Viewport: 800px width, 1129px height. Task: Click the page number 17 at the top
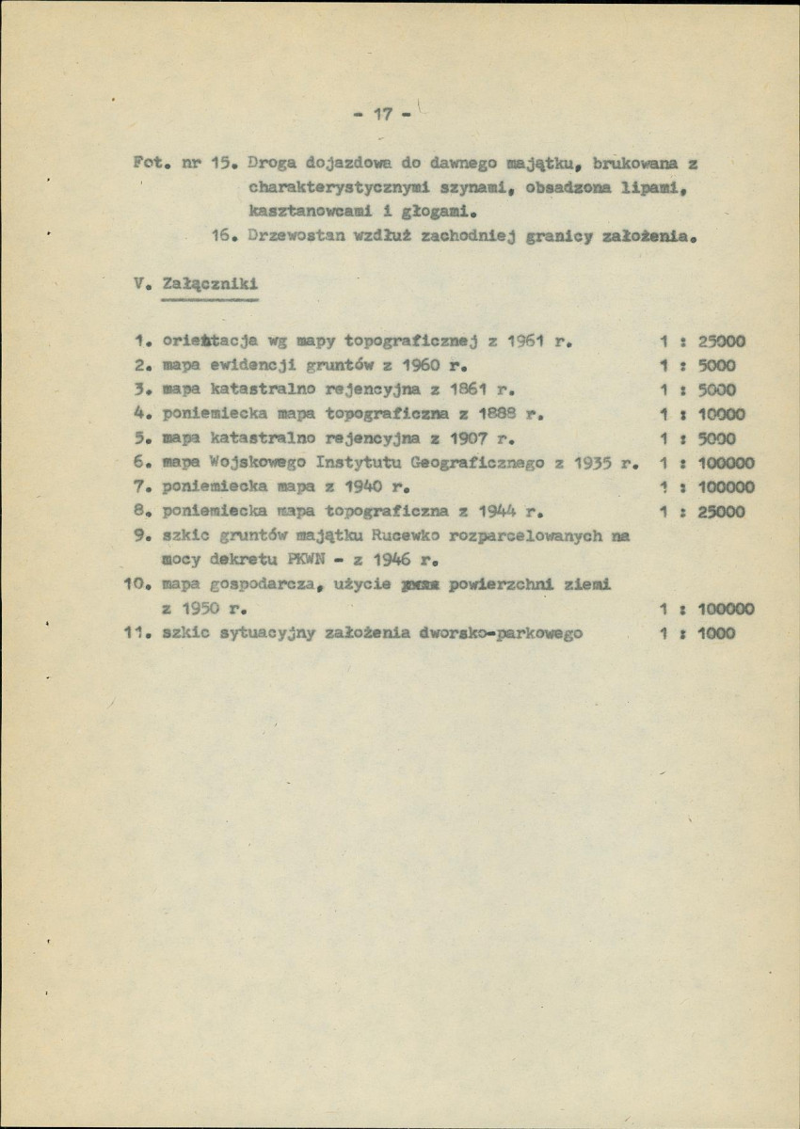[382, 115]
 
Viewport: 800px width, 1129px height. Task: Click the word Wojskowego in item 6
[245, 463]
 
